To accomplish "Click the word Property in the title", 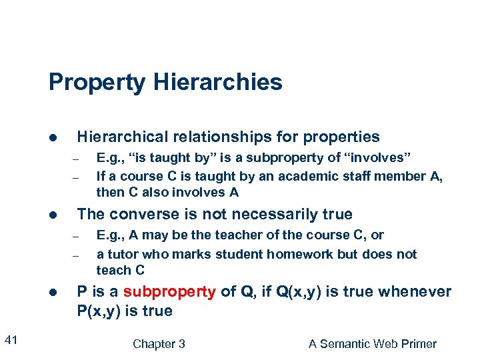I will pos(97,83).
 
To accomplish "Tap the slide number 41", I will pos(11,341).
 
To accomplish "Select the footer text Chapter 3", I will pos(159,344).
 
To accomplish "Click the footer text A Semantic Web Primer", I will pos(373,344).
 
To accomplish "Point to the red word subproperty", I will pos(169,292).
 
